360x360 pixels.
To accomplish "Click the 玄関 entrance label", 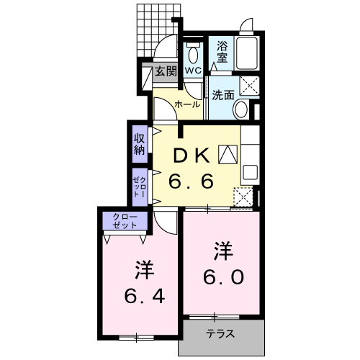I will [x=166, y=71].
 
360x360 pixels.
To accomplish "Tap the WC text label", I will [x=192, y=71].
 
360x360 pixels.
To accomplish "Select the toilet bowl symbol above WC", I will [x=192, y=54].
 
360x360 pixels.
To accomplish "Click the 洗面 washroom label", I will [x=222, y=94].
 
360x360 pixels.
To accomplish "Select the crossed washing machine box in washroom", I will [x=250, y=85].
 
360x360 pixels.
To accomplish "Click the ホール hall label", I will [x=188, y=105].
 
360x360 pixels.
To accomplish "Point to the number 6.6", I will [x=191, y=181].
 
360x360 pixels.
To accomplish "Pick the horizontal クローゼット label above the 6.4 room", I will [x=125, y=221].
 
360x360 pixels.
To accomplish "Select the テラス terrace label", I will [x=220, y=335].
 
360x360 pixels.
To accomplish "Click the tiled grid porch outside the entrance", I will [x=157, y=29].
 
